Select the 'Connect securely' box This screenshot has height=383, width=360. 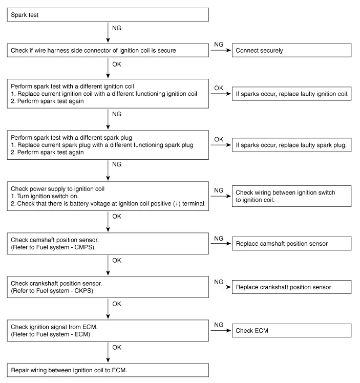(292, 50)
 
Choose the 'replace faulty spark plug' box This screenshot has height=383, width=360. (292, 145)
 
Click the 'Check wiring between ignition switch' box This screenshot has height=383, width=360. (292, 196)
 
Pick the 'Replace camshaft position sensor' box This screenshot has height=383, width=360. (292, 243)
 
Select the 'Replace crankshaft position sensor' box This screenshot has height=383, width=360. (292, 287)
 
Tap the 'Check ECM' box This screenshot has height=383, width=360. (292, 331)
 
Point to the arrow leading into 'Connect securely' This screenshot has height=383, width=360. (221, 50)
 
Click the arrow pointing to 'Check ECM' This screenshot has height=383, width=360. (221, 331)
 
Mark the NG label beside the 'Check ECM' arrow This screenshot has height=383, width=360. (219, 325)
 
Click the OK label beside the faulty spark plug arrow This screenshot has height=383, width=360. (219, 139)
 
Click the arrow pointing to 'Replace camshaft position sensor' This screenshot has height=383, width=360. (221, 243)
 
